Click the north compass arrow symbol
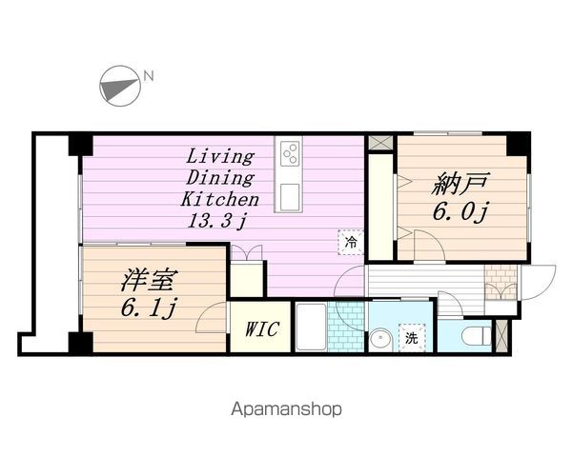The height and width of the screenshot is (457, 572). [117, 86]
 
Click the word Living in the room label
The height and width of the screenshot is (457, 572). [219, 157]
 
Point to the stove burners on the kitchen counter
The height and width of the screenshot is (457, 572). [289, 152]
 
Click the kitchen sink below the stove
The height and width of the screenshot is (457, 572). [289, 195]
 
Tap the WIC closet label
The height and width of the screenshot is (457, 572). [261, 329]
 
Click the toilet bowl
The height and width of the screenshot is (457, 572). [472, 335]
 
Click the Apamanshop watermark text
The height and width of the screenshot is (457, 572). [285, 409]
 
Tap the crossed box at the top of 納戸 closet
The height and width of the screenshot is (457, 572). [380, 141]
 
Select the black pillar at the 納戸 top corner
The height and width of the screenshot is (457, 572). [518, 142]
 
